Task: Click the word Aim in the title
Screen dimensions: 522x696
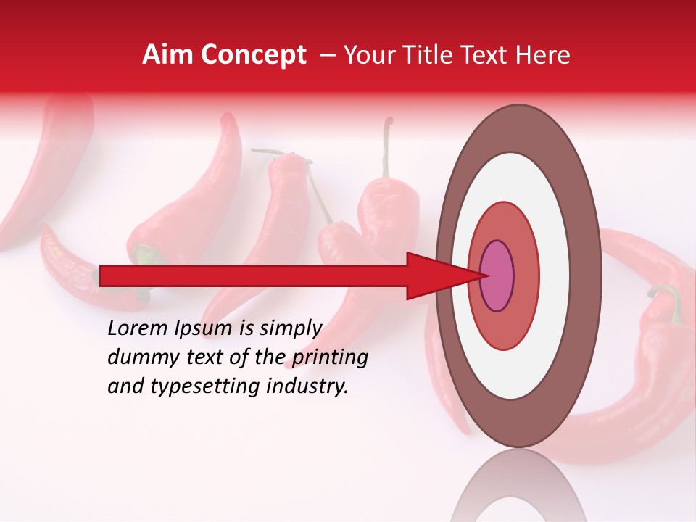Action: [165, 55]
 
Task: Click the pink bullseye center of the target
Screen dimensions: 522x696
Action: [497, 276]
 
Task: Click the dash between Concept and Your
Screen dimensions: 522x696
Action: [327, 55]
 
